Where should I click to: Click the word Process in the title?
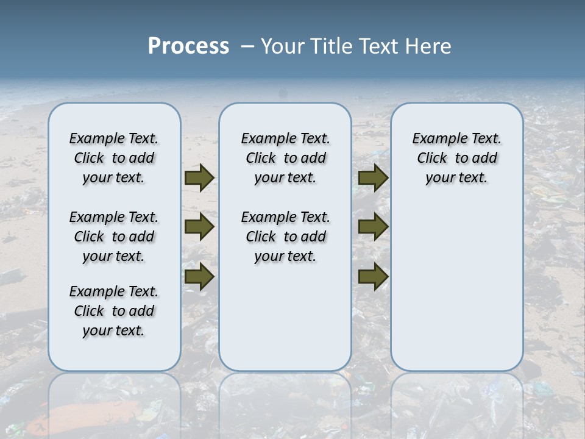coord(188,46)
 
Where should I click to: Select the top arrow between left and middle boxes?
coord(199,178)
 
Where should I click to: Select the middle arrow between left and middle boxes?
coord(199,227)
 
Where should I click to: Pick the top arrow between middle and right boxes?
coord(372,178)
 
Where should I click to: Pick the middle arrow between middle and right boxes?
coord(372,227)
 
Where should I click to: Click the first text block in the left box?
coord(114,158)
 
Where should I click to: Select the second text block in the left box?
coord(114,237)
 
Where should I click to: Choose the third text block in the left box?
coord(114,311)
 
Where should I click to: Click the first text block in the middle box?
coord(285,158)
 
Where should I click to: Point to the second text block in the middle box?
coord(285,237)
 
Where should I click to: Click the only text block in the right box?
coord(456,158)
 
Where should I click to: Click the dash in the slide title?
coord(247,46)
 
